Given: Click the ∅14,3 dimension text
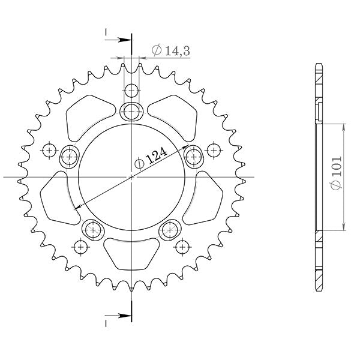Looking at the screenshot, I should pyautogui.click(x=171, y=52).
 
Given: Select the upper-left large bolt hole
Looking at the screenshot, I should pyautogui.click(x=70, y=157).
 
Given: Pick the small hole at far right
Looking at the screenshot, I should pyautogui.click(x=214, y=149).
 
